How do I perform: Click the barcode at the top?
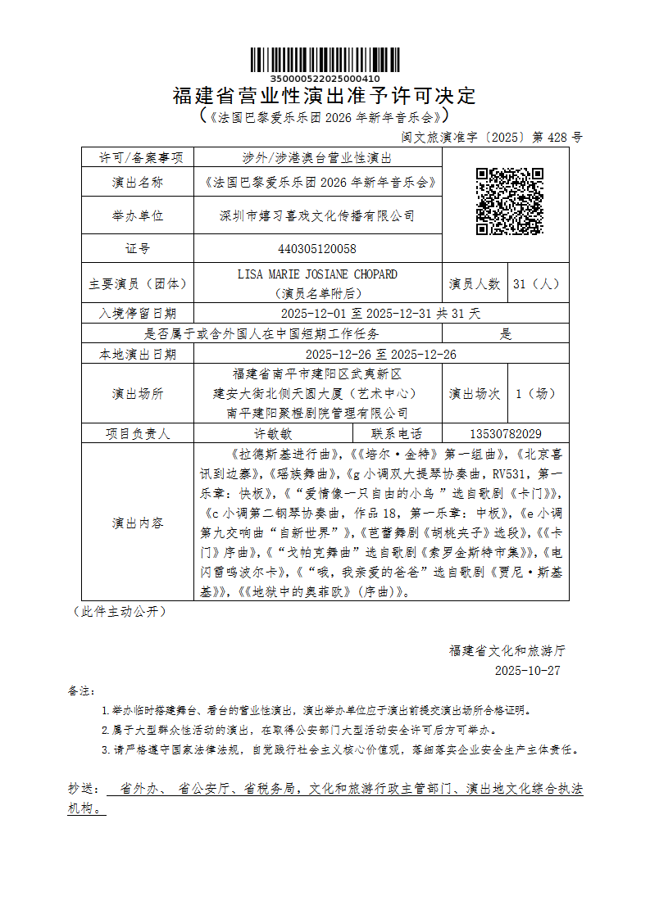[325, 61]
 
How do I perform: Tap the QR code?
[510, 201]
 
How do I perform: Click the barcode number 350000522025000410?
[325, 79]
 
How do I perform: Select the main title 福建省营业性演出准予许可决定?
[325, 96]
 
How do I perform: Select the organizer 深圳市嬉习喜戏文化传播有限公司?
[317, 216]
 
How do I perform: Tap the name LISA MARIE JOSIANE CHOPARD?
[317, 274]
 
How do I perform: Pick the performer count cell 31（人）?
[539, 284]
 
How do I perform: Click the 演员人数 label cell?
[475, 284]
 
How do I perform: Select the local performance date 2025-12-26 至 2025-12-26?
[380, 355]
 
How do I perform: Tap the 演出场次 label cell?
[475, 394]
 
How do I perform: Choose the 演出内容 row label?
[138, 523]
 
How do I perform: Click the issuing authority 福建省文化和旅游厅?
[507, 651]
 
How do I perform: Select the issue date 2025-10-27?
[528, 670]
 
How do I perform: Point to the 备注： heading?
[82, 691]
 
